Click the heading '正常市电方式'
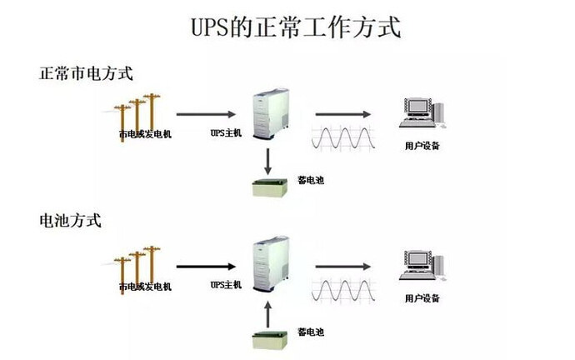coord(86,73)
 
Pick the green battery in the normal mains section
coord(269,187)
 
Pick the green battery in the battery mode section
coord(269,339)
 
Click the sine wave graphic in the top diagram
coord(344,137)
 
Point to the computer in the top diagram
coord(422,112)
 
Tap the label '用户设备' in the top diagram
coord(422,146)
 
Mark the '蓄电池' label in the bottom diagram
coord(311,332)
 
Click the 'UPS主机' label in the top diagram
coord(226,133)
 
